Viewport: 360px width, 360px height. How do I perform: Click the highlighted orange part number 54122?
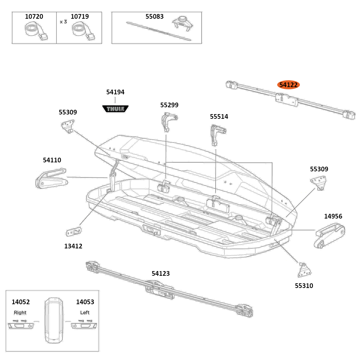[x=288, y=85]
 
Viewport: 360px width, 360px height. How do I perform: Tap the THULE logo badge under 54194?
[x=115, y=108]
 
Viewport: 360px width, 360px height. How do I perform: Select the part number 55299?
[x=169, y=105]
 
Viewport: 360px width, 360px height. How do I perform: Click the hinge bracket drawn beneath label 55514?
[x=217, y=134]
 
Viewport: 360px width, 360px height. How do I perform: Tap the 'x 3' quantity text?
[x=63, y=22]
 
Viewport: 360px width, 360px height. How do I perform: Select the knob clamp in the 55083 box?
[x=181, y=23]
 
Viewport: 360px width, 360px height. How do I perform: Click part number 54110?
[x=52, y=160]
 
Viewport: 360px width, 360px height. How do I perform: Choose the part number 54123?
[x=161, y=274]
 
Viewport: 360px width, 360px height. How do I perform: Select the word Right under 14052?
[x=20, y=312]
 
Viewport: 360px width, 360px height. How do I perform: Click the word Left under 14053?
[x=85, y=312]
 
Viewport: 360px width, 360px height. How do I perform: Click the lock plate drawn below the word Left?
[x=84, y=325]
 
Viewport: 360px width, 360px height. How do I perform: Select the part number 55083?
[x=154, y=17]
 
